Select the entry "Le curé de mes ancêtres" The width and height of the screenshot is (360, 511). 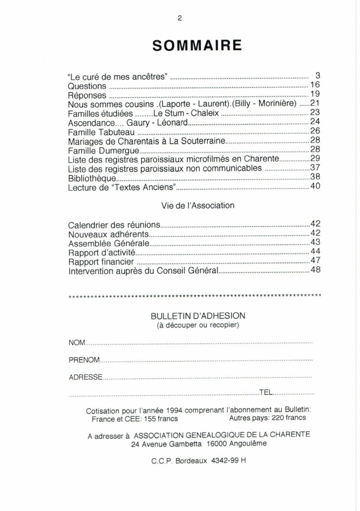pos(120,77)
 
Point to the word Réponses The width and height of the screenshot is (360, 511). pos(87,94)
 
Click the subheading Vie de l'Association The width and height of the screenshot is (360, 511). pos(191,205)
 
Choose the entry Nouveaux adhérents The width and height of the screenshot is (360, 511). pos(108,234)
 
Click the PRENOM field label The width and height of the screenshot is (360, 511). pos(84,360)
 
